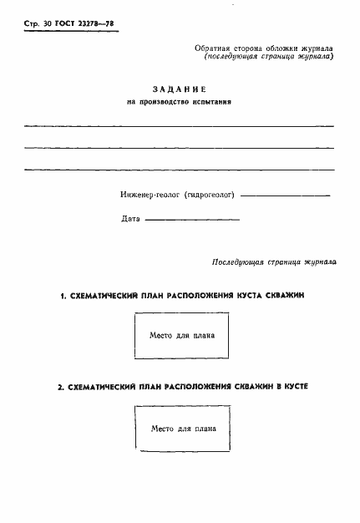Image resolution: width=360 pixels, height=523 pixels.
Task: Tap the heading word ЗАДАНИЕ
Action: pos(179,89)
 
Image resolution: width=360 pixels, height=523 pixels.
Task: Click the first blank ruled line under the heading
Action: pos(179,125)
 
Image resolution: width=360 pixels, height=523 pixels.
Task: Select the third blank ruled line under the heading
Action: pos(179,170)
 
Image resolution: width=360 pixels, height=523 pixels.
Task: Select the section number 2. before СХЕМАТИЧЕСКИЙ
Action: pos(60,388)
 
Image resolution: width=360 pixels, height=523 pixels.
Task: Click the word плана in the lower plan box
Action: pos(205,428)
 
